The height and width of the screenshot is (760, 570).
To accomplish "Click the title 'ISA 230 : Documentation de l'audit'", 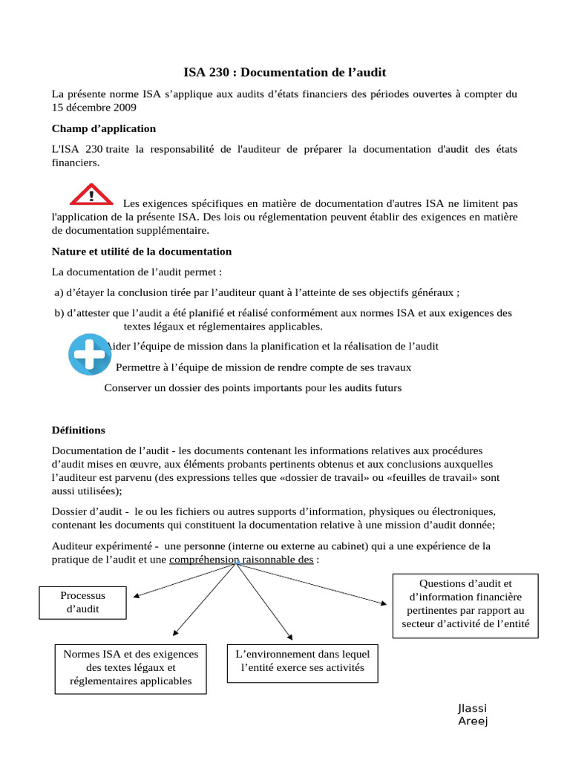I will pos(285,72).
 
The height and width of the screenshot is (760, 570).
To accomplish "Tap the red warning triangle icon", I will pos(91,195).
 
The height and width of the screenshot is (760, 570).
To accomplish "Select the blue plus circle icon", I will pos(89,355).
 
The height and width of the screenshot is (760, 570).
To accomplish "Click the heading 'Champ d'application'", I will pos(103,128).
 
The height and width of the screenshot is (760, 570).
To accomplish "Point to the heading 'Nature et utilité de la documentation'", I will pos(142,252).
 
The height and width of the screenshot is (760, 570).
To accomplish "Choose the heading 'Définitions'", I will pos(79,430).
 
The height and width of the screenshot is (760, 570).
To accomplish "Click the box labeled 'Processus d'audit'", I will pos(83,602).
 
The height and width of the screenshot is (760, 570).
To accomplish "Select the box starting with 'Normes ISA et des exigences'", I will pos(131,667).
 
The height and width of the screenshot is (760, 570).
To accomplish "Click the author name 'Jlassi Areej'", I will pos(473,714).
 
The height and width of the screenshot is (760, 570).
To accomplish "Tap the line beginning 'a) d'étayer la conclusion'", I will pos(262,292).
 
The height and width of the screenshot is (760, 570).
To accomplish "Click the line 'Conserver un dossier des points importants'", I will pos(252,387).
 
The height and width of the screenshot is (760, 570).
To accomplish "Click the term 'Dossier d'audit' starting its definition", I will pos(86,511).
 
